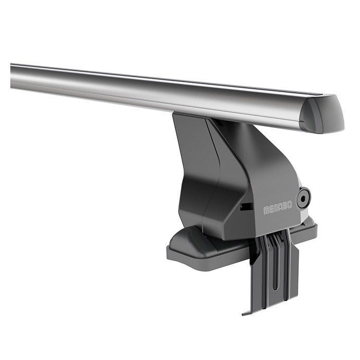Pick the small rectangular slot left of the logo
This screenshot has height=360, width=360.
[246, 206]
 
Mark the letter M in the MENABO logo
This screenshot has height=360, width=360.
[266, 211]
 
